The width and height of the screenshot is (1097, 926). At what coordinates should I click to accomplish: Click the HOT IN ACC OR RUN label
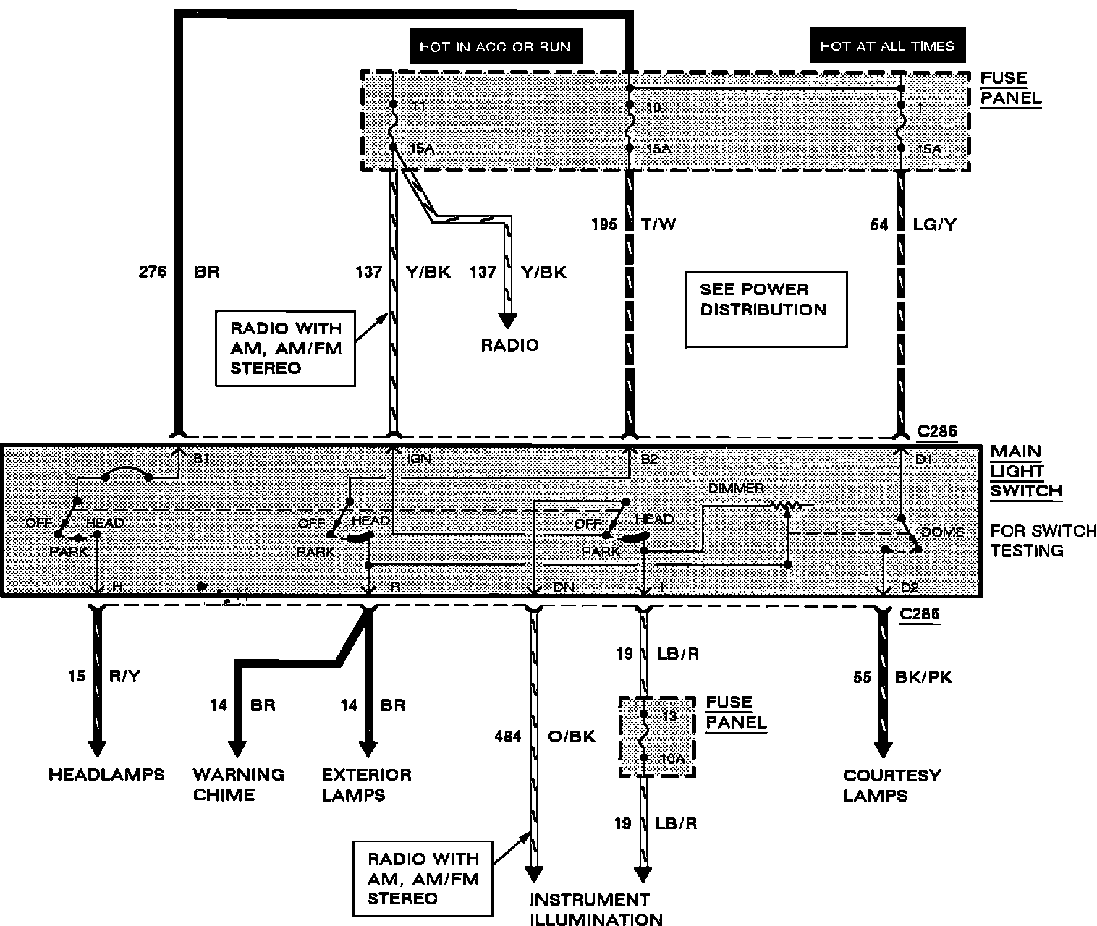click(495, 47)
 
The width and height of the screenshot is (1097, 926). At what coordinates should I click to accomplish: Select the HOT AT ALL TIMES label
click(887, 47)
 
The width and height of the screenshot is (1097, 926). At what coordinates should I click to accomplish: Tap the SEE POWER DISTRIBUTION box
click(765, 309)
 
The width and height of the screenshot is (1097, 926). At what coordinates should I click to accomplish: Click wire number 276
click(153, 272)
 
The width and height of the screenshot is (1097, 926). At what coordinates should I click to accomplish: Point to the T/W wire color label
click(658, 224)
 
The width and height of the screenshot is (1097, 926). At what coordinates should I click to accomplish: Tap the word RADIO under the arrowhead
click(510, 345)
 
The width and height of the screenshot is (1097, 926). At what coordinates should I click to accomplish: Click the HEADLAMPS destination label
click(106, 775)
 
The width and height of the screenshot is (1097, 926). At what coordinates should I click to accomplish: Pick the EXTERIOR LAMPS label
click(367, 785)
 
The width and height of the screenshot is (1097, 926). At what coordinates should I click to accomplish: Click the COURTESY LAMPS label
click(892, 786)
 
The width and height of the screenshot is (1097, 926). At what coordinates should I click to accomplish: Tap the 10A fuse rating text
click(672, 758)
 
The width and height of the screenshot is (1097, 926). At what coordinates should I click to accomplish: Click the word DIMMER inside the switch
click(736, 488)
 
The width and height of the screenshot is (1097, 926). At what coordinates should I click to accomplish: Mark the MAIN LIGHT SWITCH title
click(1025, 471)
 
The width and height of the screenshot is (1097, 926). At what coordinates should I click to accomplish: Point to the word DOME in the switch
click(942, 532)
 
